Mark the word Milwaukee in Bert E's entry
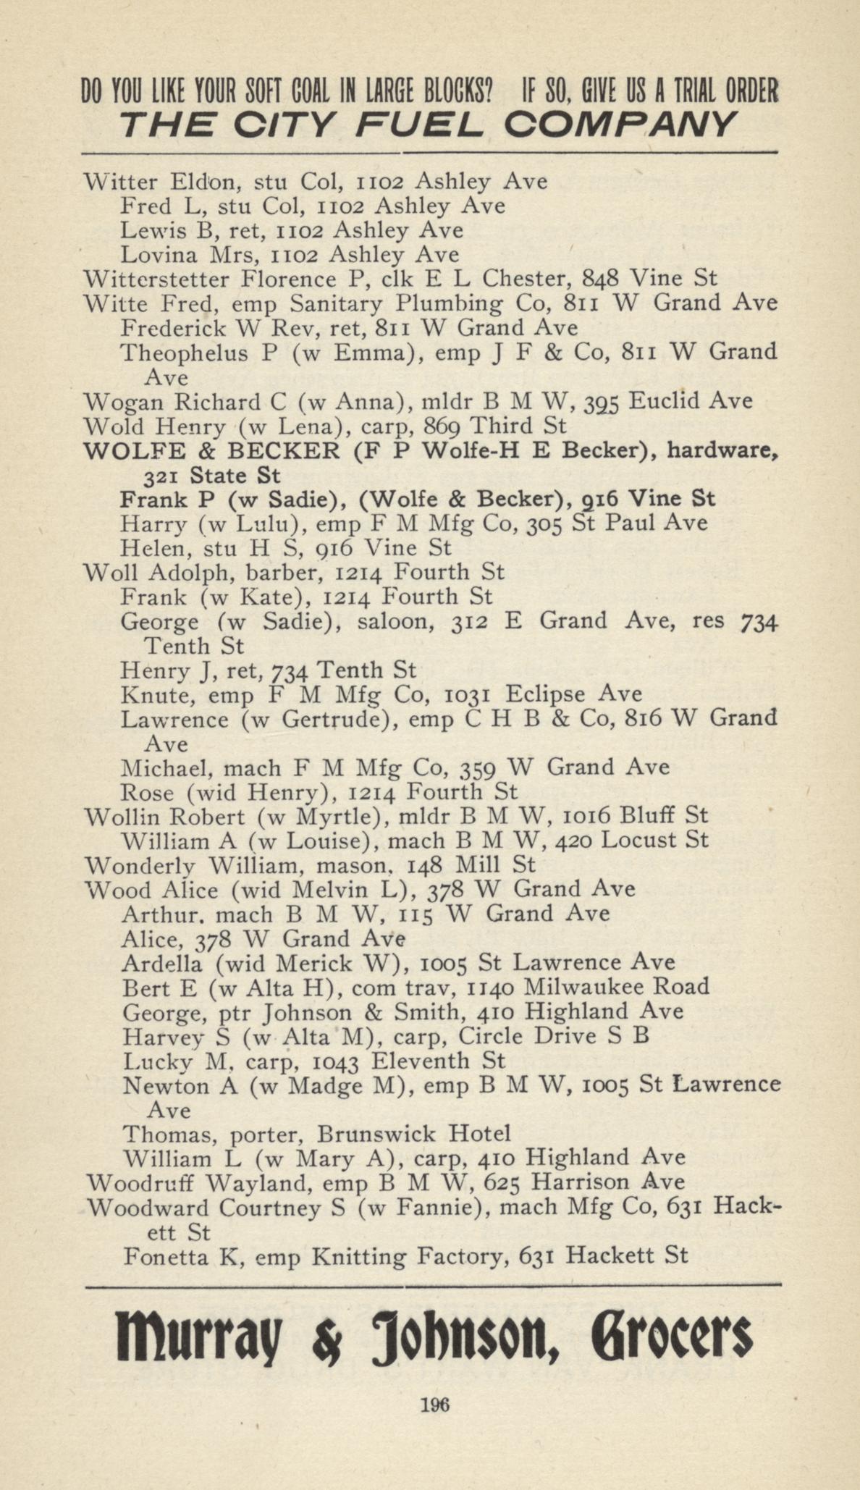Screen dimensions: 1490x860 point(586,987)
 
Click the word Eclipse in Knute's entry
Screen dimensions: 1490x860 point(545,694)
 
